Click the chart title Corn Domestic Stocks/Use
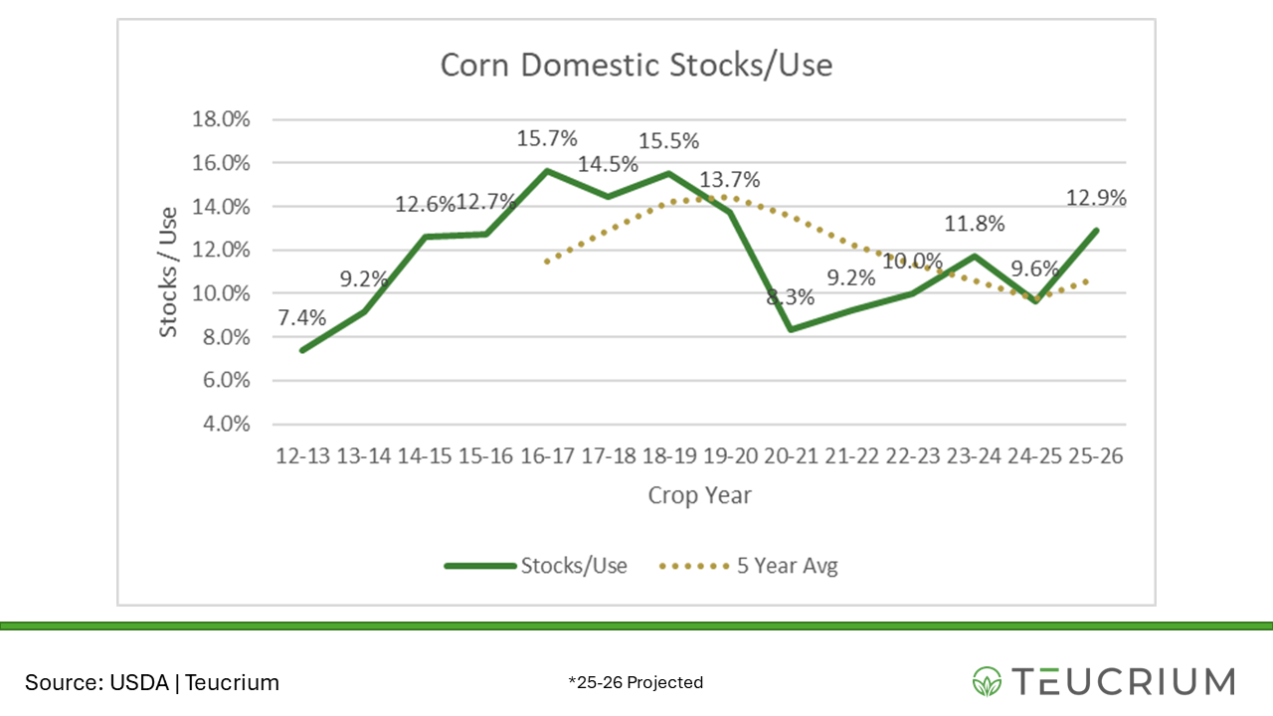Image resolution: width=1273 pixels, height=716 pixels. coord(636,66)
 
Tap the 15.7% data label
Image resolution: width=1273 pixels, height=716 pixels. coord(546,139)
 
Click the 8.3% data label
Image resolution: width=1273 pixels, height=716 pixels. coord(791,296)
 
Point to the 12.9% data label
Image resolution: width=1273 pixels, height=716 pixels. coord(1095,198)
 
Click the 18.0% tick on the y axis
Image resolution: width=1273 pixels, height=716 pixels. coord(220,119)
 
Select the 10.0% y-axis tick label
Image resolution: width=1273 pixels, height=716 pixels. coord(220,293)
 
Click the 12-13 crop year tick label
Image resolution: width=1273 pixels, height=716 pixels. coord(302,456)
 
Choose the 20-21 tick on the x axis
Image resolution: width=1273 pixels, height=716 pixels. coord(790,456)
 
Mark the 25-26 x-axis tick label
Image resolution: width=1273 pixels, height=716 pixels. coord(1095,456)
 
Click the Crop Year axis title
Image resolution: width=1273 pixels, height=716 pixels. coord(699,495)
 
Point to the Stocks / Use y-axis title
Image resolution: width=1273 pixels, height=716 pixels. coord(169,271)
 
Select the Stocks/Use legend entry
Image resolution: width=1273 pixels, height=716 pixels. coord(537,566)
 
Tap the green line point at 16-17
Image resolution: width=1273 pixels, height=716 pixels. coord(546,170)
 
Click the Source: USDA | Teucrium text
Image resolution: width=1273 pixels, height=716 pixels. coord(152,682)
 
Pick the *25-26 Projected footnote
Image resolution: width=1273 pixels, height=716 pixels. coord(636,682)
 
